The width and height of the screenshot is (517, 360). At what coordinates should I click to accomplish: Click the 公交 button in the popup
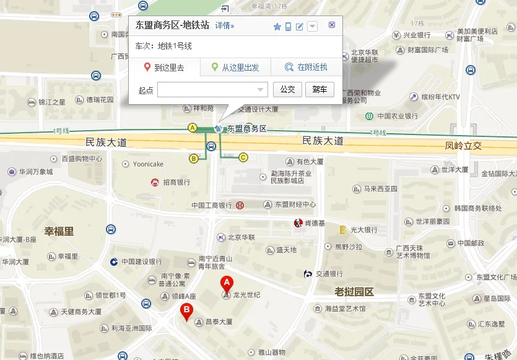click(287, 90)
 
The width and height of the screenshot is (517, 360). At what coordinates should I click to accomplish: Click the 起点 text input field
click(212, 90)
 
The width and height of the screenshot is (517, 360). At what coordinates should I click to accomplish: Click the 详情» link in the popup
click(225, 26)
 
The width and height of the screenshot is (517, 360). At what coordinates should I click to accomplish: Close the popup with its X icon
click(332, 25)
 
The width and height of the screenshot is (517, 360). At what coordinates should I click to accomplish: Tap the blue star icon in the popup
click(277, 26)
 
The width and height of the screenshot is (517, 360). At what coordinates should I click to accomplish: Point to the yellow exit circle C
click(243, 157)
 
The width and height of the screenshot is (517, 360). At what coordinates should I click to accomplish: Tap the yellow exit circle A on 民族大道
click(193, 128)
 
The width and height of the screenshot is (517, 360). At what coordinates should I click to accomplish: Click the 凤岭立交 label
click(463, 147)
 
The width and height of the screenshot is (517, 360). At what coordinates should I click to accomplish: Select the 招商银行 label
click(176, 183)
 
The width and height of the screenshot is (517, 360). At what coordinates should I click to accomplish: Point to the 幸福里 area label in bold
click(59, 232)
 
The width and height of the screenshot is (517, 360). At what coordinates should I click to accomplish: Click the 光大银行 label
click(363, 230)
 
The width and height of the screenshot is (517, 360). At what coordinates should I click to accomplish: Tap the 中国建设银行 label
click(142, 261)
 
